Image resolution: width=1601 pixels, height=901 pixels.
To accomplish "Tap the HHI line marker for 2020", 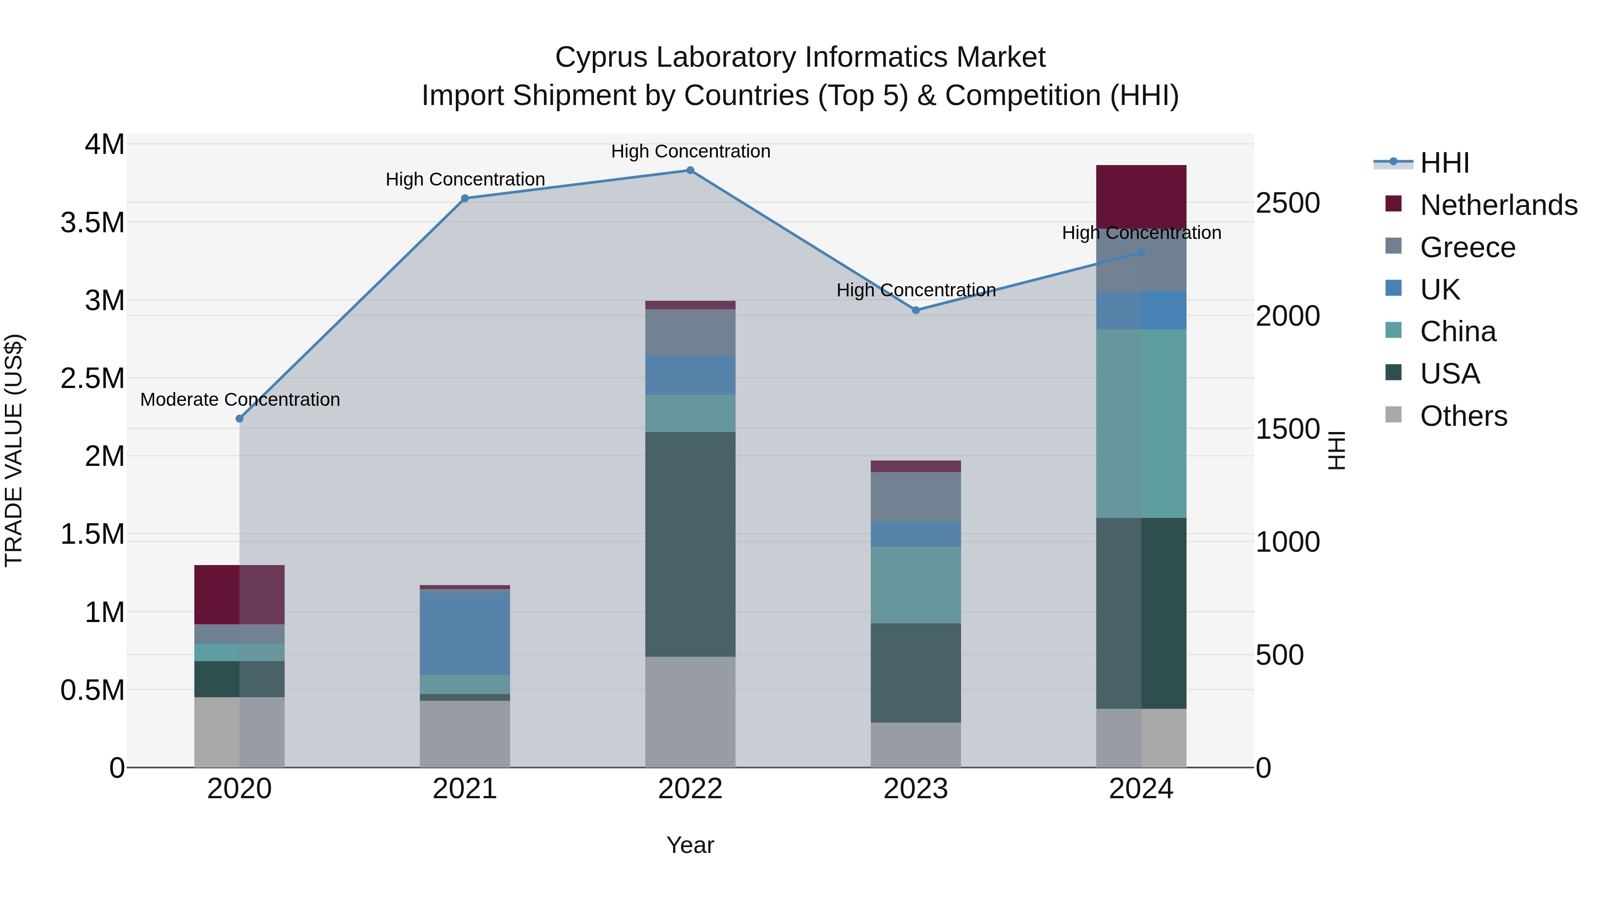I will [x=239, y=419].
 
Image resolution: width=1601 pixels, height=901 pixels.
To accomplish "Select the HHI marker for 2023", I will [x=916, y=310].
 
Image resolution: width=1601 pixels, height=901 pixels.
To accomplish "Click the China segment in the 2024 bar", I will [x=1141, y=424].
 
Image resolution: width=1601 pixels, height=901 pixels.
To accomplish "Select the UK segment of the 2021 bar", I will [x=465, y=634].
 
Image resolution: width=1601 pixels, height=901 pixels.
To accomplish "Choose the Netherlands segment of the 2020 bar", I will [x=239, y=594].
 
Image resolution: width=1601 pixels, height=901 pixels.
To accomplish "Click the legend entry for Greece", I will [x=1468, y=247].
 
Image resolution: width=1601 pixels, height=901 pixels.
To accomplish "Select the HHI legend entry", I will [x=1445, y=163].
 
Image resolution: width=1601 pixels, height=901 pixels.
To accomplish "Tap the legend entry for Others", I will [x=1463, y=416].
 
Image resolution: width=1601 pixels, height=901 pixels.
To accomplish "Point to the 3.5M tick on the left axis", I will [x=93, y=222].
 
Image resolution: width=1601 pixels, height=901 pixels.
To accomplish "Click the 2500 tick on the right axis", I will [x=1287, y=203].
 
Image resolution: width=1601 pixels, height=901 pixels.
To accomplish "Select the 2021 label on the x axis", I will [x=465, y=789].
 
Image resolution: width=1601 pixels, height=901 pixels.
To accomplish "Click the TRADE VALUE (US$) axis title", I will [x=14, y=450].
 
